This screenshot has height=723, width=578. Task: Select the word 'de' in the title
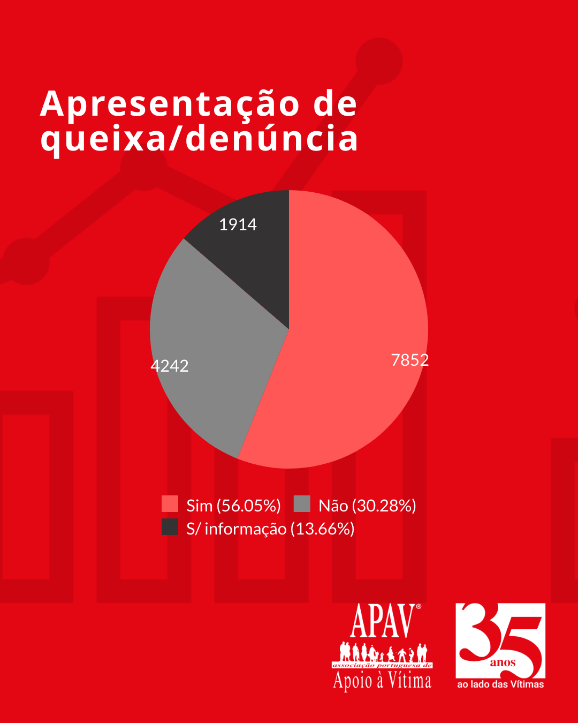(x=335, y=103)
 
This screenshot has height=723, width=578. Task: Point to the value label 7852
(x=410, y=360)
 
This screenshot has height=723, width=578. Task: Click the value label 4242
(x=170, y=366)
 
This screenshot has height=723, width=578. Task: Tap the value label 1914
(x=238, y=224)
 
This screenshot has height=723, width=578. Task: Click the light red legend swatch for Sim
(x=170, y=504)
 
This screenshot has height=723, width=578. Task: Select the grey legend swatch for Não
(x=302, y=504)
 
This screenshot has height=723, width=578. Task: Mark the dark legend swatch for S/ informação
(x=170, y=527)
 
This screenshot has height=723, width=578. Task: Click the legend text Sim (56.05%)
(x=233, y=506)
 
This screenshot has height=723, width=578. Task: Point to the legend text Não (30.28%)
(x=367, y=506)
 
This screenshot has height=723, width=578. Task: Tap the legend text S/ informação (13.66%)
(x=270, y=529)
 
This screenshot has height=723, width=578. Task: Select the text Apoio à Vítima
(x=382, y=681)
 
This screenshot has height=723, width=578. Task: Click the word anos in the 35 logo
(x=503, y=663)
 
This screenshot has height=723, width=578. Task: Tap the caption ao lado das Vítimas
(x=500, y=684)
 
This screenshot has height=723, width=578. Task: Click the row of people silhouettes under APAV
(x=382, y=653)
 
